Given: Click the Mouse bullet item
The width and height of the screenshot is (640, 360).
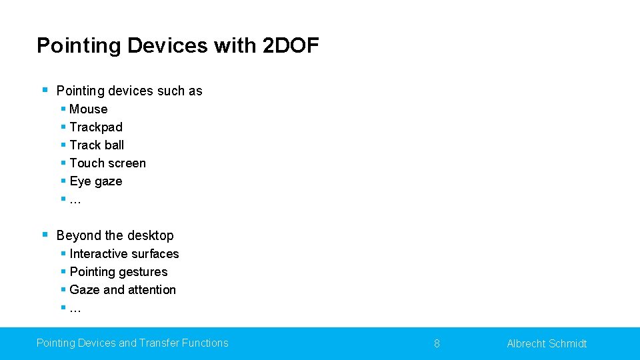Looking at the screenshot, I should point(88,109).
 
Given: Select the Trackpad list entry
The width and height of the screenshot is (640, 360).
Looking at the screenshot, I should point(96,127).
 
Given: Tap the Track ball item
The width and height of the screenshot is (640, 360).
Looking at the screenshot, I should point(97,145).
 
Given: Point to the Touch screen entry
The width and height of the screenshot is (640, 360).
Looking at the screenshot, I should point(107,163).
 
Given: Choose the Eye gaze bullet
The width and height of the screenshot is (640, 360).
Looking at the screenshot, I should point(95,181).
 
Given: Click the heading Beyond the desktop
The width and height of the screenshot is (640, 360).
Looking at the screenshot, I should point(115,235).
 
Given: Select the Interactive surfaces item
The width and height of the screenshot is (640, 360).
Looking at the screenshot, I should point(124,254).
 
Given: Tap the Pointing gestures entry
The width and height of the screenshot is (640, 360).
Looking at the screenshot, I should point(118,272).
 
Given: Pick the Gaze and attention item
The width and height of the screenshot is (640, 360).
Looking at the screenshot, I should point(123,290).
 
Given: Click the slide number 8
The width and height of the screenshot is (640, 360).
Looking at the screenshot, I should point(437,344).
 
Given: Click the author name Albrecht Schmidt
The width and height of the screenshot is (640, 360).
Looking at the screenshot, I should point(547,344).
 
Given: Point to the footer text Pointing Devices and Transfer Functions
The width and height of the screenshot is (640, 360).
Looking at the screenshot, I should point(132,343).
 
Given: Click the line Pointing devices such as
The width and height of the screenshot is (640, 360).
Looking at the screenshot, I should point(129,91).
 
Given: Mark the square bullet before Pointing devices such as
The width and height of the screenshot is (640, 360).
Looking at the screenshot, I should point(44,89).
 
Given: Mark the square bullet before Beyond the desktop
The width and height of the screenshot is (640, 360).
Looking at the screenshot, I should point(44,234).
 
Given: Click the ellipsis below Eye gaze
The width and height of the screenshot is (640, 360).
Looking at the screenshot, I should point(75,200).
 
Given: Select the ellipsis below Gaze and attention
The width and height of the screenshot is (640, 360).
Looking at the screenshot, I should point(75,309).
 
